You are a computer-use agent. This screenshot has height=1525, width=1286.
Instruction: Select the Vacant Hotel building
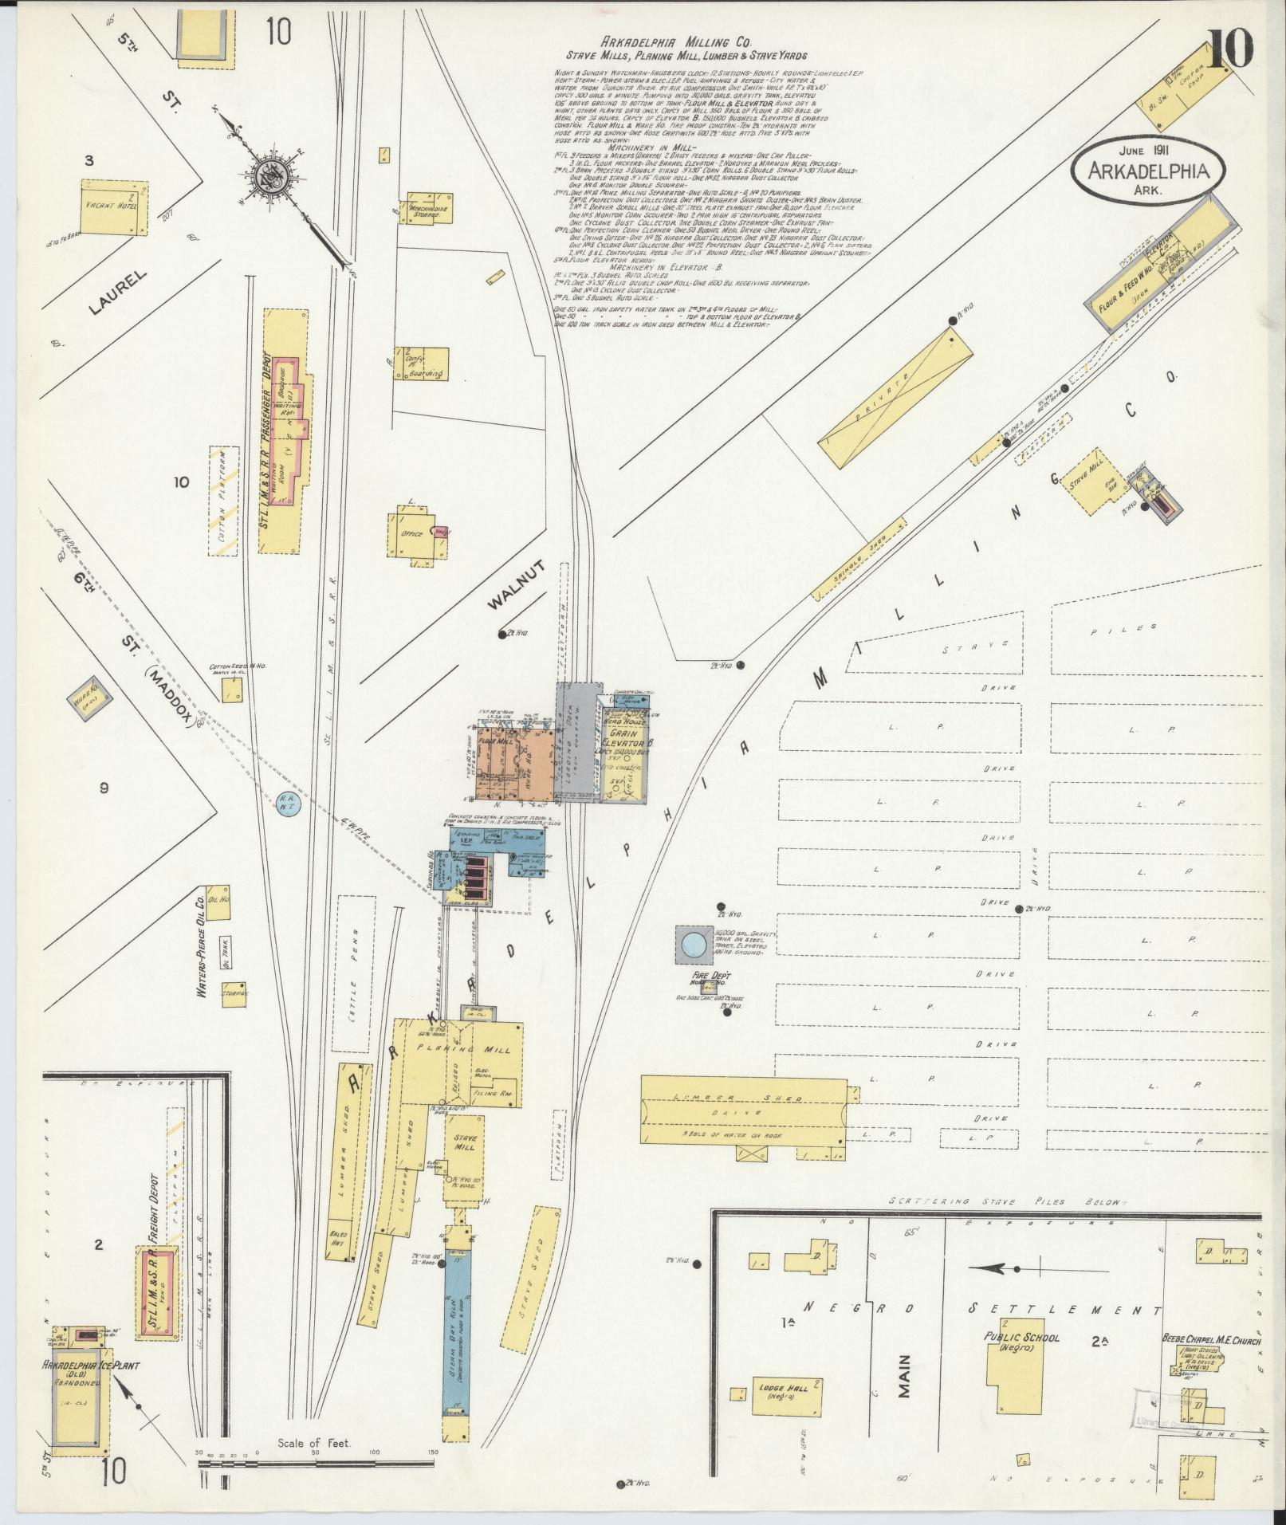click(x=112, y=206)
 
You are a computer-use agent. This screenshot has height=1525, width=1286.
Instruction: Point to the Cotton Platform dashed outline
click(x=223, y=501)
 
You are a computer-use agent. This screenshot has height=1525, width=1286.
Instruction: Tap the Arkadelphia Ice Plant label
click(x=91, y=1366)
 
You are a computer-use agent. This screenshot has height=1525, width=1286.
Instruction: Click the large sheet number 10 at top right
click(x=1231, y=50)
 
